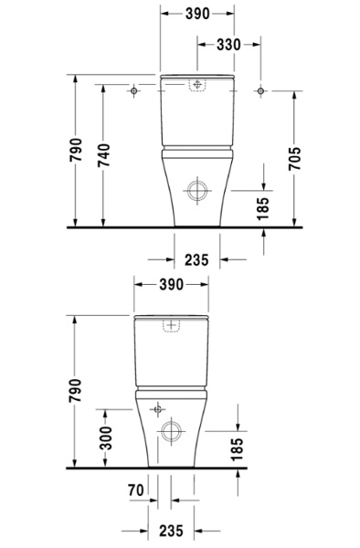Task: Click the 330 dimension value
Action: pos(228,45)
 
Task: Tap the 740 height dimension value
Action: pos(103,155)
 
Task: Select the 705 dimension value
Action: pos(294,159)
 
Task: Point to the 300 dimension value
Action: pos(106,437)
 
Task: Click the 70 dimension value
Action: pos(136,490)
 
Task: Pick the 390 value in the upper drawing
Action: pos(197,14)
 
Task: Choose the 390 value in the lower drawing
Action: pos(171,284)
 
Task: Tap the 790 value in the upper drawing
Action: pos(76,150)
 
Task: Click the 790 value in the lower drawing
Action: pos(75,390)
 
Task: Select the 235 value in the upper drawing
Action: pos(196,260)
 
